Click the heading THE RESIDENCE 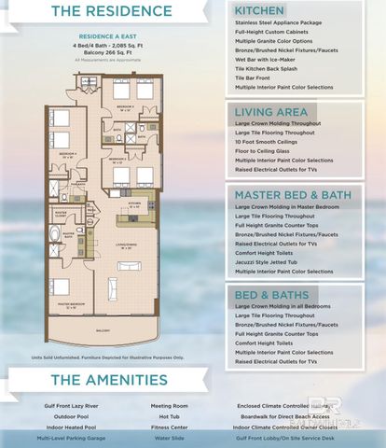coord(113,12)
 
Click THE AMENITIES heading coord(109,380)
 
